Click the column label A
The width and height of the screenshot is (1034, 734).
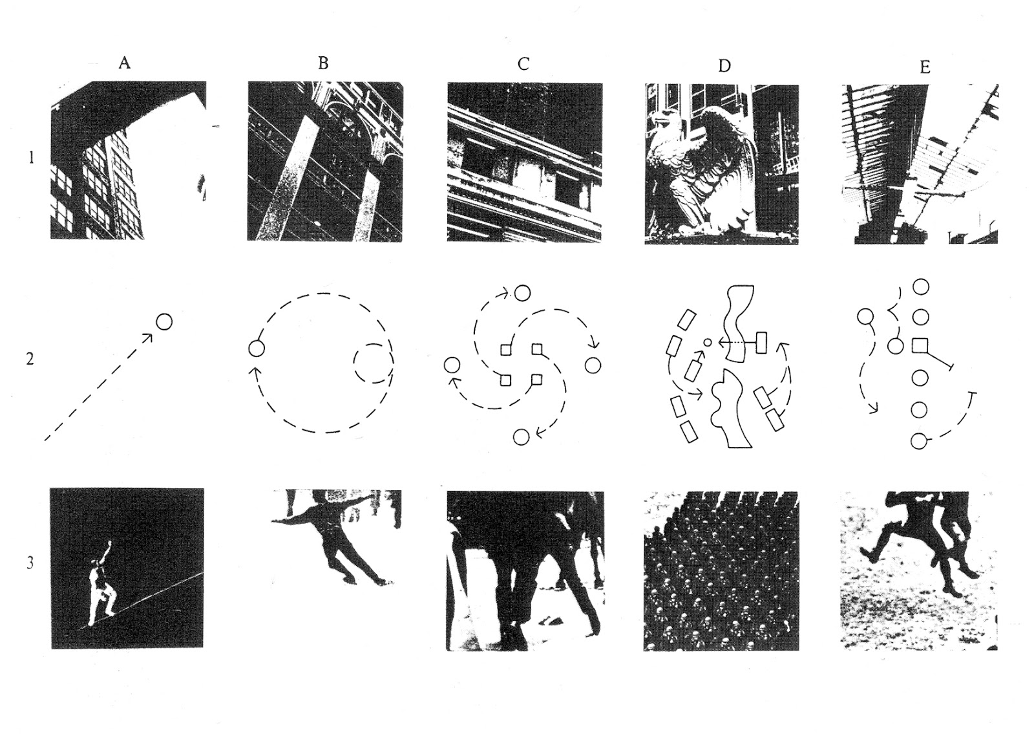pos(125,63)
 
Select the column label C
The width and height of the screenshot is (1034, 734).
pos(523,64)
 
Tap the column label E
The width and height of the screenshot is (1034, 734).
pos(925,67)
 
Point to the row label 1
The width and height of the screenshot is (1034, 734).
pos(31,157)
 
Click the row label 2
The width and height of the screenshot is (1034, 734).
pos(30,359)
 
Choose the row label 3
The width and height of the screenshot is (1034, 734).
pos(30,563)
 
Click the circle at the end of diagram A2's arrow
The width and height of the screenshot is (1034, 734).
pos(164,321)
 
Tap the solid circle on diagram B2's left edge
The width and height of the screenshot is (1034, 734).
pos(257,349)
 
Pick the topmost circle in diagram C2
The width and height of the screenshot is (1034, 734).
pos(522,294)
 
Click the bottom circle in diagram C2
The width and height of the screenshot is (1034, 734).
pos(521,437)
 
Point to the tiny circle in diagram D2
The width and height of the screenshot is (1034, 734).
pos(707,342)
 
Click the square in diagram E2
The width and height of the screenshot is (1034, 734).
pos(920,346)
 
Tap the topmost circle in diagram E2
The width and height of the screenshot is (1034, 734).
pos(920,286)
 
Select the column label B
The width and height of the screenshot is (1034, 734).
pos(323,63)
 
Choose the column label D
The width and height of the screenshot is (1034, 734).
pos(724,66)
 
